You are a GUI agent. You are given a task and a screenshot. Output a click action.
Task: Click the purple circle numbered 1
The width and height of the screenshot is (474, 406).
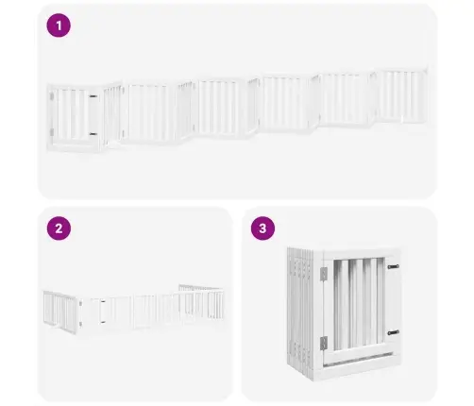click(x=59, y=25)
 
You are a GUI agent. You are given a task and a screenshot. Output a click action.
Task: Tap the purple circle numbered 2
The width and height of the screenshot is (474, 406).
click(x=59, y=228)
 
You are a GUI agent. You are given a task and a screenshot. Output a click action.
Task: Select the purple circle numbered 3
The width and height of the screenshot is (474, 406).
click(x=262, y=228)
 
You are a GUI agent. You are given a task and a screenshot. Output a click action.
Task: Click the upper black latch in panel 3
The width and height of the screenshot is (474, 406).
click(x=393, y=267)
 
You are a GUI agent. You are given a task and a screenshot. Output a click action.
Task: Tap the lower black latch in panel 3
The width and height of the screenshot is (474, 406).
click(x=393, y=332)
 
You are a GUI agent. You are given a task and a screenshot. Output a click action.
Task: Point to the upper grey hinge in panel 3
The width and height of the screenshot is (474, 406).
click(x=324, y=274)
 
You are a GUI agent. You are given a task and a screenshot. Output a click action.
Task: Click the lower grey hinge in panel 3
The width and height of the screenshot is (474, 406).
click(x=324, y=344)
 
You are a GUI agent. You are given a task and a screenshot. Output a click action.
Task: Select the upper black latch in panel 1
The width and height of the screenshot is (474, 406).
click(x=93, y=96)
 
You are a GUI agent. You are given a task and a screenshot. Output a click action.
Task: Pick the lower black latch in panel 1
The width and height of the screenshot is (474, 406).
click(x=93, y=134)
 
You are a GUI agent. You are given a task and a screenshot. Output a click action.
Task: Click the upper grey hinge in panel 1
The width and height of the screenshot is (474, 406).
click(x=52, y=96)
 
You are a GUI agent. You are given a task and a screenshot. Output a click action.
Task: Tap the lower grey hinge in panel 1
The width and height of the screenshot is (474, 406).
click(x=52, y=132)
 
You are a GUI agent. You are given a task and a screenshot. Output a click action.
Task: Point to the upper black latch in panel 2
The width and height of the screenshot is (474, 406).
click(x=103, y=302)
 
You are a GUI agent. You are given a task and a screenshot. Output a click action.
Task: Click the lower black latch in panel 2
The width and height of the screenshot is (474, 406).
click(x=103, y=322)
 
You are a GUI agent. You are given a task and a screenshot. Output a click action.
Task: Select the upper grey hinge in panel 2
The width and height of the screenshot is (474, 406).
click(x=80, y=304)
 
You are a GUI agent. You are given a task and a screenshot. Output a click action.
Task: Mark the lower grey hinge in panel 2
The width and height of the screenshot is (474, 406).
click(x=80, y=324)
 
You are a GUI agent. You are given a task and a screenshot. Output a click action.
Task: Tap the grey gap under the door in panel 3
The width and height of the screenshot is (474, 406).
click(x=358, y=360)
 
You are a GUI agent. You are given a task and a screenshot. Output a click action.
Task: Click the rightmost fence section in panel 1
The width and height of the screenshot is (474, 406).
click(x=402, y=95)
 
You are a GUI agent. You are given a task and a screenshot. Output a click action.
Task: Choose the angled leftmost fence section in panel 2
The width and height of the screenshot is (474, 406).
click(x=60, y=312)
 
